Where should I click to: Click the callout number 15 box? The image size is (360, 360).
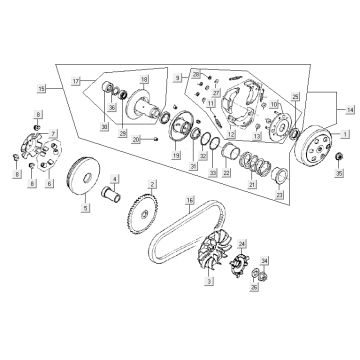coord(40,90)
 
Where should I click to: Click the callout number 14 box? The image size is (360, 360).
coord(349,111)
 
